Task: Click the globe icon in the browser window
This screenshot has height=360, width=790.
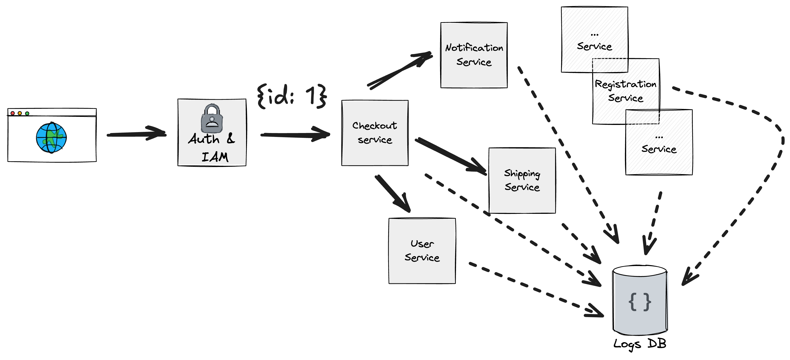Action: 51,137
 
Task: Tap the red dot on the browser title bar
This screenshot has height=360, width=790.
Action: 12,113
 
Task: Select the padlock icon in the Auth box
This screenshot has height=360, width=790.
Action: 212,118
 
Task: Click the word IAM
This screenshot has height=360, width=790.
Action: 215,157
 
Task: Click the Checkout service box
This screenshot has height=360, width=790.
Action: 375,133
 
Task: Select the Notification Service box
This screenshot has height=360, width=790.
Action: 474,55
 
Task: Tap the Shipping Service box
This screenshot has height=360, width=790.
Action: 522,180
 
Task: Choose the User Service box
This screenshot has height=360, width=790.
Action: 422,251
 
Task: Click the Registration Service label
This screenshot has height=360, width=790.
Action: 626,91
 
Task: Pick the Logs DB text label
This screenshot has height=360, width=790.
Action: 640,344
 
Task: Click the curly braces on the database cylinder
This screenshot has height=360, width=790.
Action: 640,302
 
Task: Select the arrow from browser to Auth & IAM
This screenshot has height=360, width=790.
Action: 136,134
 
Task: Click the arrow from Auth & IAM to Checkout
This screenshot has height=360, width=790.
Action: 295,134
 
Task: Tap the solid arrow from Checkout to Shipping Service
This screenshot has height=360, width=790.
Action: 451,157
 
